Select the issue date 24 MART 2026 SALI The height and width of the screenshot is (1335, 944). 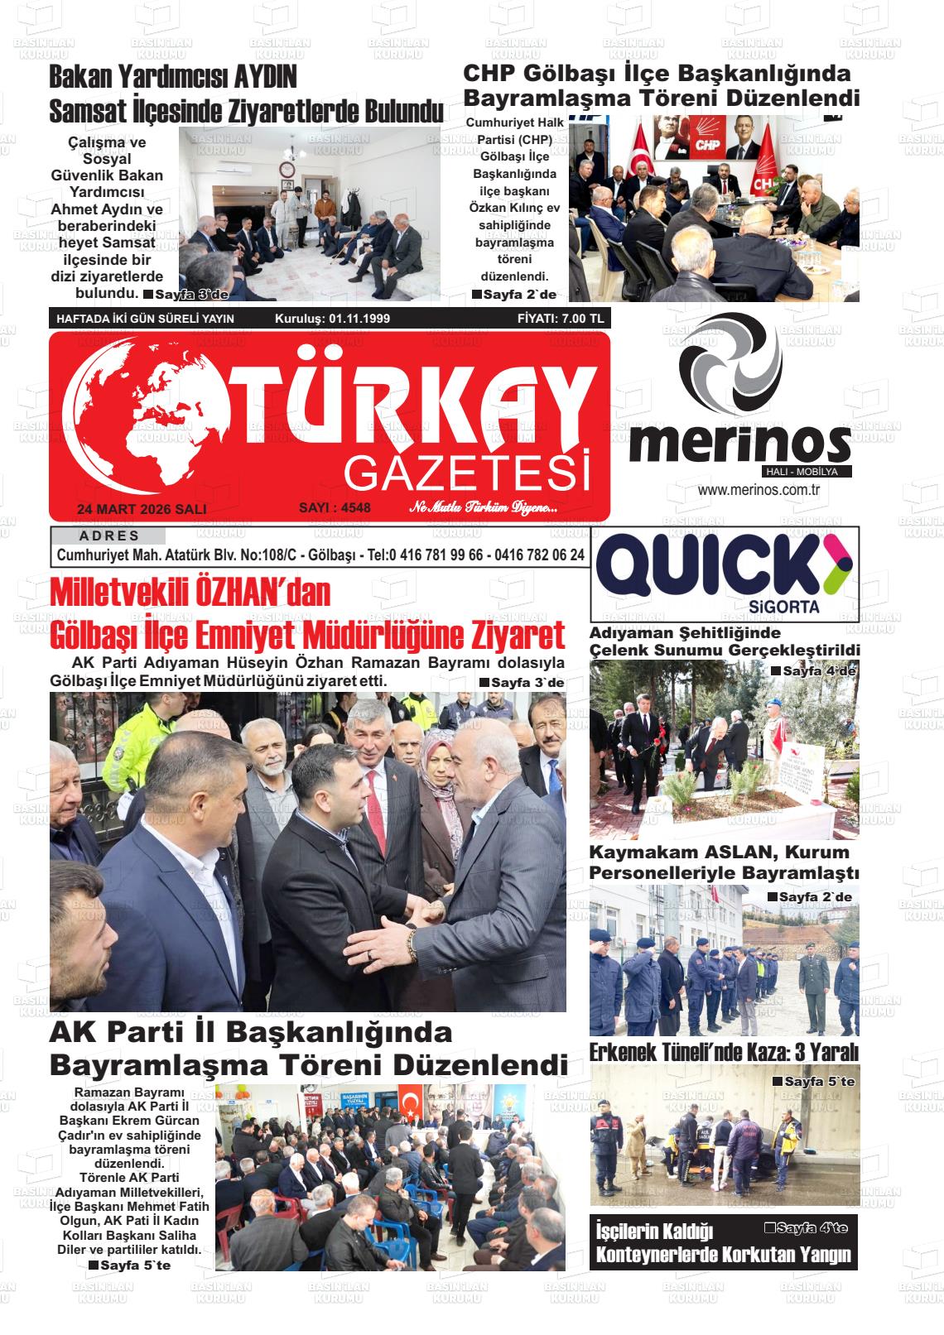point(141,509)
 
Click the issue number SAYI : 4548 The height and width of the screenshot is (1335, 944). point(335,507)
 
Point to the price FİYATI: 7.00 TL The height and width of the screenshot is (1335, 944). point(561,319)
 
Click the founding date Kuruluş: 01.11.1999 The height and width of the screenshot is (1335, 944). point(332,319)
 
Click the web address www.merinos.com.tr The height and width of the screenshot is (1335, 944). point(759,490)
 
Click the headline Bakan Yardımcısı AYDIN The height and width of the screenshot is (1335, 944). point(173,78)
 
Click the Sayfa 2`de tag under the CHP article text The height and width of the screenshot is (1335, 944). point(513,295)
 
